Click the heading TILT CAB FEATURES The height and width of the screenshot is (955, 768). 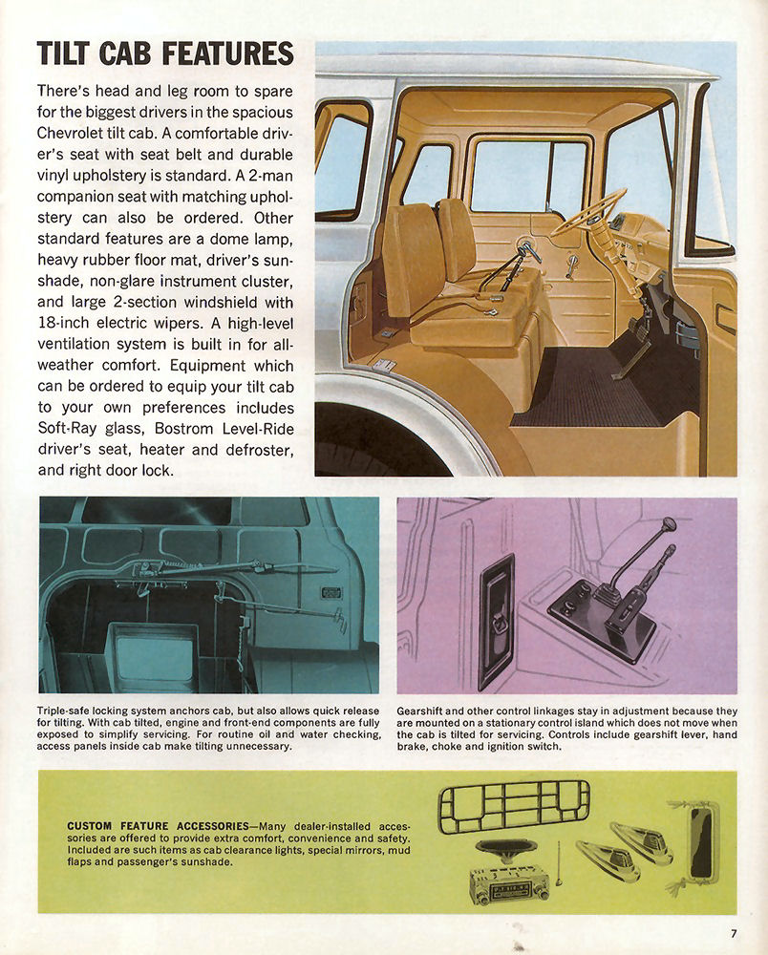click(164, 53)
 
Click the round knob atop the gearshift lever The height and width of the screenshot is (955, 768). click(669, 524)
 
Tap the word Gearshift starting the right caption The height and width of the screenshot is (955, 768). click(426, 711)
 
